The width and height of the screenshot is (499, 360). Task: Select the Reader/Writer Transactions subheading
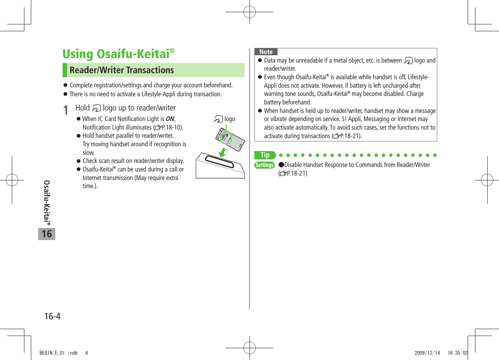pyautogui.click(x=121, y=70)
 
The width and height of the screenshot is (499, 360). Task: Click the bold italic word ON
pyautogui.click(x=170, y=119)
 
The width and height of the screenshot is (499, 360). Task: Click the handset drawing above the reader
pyautogui.click(x=230, y=138)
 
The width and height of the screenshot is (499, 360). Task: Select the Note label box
pyautogui.click(x=266, y=52)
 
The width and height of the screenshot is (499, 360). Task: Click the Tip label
pyautogui.click(x=265, y=155)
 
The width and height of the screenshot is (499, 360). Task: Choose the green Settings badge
pyautogui.click(x=265, y=165)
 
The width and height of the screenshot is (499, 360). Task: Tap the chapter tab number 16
pyautogui.click(x=47, y=234)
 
